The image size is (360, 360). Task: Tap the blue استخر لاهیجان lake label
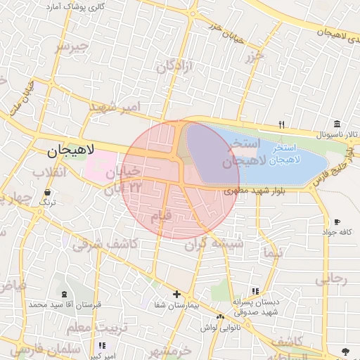point(279,154)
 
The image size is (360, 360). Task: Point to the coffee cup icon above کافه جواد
point(337,221)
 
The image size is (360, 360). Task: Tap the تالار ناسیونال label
point(336,134)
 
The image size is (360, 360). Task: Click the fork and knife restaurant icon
point(281,124)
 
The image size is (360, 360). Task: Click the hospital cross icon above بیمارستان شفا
point(176,294)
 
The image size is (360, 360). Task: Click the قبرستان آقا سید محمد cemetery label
point(65,305)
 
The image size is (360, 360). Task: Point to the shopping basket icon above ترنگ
point(47,192)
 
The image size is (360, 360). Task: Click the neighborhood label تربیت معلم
point(97,328)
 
